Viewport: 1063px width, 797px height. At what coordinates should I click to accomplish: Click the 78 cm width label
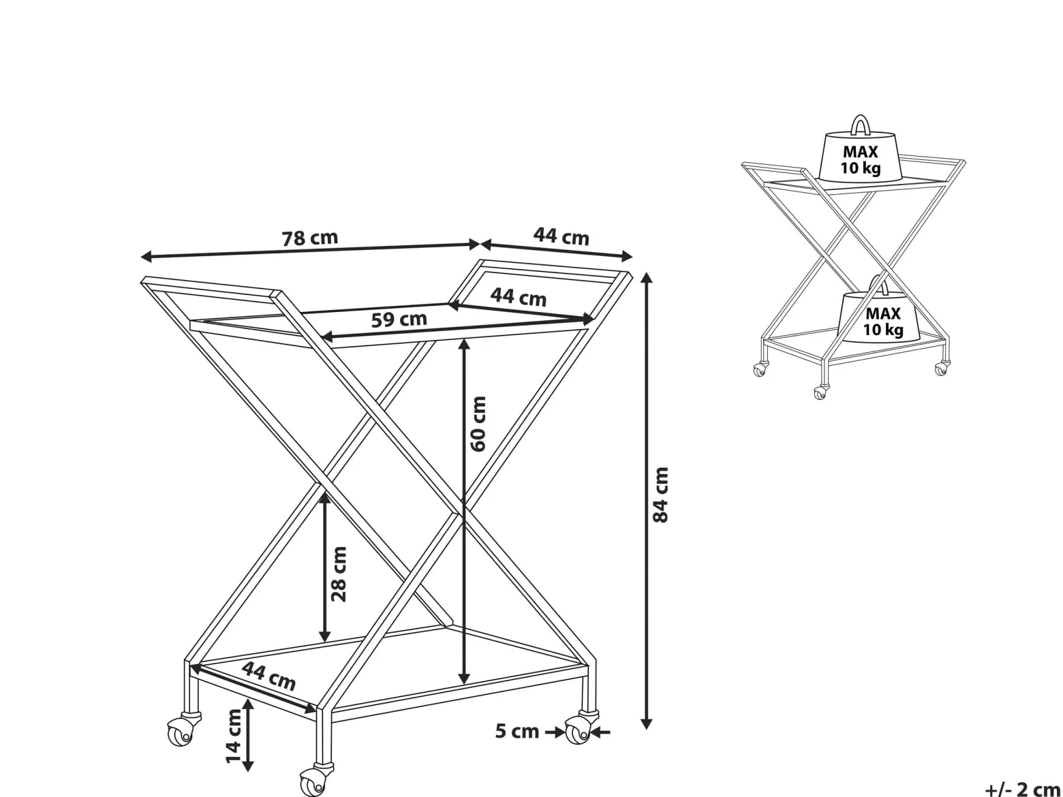(310, 238)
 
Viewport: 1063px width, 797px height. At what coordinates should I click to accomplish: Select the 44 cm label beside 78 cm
(561, 236)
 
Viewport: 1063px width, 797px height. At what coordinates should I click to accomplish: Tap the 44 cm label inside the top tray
(519, 296)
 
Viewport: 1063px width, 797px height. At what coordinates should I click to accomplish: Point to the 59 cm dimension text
(399, 319)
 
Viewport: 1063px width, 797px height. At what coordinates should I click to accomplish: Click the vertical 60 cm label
(478, 424)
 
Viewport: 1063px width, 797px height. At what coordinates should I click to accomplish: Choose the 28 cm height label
(339, 574)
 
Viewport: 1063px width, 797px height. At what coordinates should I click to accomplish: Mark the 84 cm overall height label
(660, 495)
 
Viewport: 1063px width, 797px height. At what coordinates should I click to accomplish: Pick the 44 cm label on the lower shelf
(268, 676)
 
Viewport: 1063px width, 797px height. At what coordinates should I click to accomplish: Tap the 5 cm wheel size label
(517, 731)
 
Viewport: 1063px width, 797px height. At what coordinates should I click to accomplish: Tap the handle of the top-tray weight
(860, 124)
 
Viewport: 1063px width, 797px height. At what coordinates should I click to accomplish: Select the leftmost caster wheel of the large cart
(181, 733)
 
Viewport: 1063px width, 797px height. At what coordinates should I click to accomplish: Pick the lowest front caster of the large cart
(313, 781)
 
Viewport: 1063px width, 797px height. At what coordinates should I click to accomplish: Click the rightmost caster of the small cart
(940, 370)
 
